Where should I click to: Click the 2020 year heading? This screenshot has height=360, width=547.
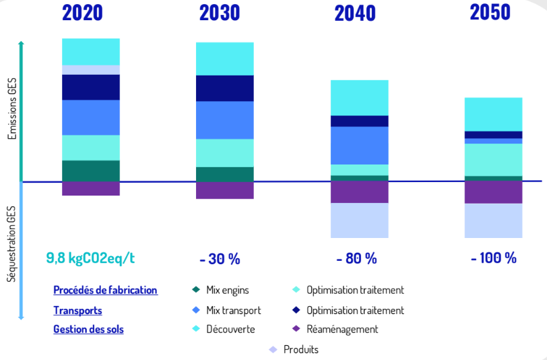[83, 13]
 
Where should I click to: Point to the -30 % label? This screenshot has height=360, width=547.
[220, 259]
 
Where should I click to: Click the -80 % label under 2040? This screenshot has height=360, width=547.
[356, 259]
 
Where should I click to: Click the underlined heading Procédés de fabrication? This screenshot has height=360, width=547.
[105, 291]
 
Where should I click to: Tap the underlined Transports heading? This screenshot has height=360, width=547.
[77, 311]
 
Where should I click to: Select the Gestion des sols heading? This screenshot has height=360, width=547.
[88, 330]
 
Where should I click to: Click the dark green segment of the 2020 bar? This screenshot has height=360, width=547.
[91, 171]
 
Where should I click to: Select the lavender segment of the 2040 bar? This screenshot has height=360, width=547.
[359, 220]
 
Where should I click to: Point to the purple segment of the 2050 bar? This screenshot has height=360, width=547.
[493, 192]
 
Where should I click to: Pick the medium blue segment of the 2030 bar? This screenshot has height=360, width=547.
[225, 120]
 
